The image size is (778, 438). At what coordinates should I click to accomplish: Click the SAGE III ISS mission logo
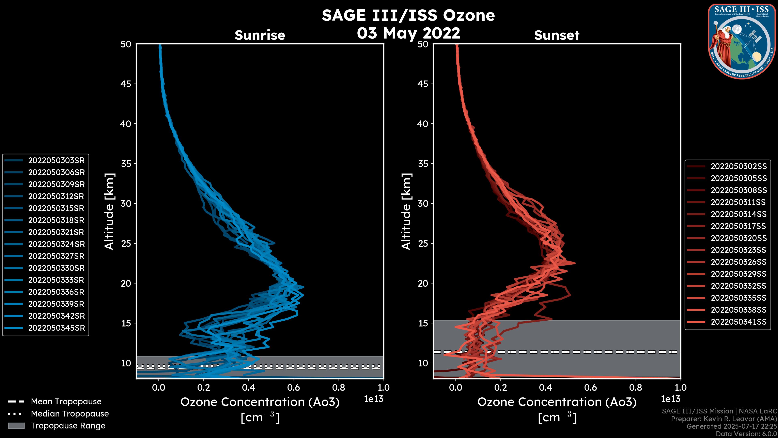[742, 41]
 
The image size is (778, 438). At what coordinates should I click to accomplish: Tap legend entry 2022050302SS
[738, 166]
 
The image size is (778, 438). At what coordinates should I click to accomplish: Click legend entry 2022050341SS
[738, 322]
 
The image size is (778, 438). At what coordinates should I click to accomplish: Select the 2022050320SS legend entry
[738, 238]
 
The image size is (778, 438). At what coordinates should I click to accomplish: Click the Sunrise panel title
[260, 35]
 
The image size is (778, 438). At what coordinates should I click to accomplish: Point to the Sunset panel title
[557, 35]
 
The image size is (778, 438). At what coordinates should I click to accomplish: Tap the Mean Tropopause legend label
[66, 402]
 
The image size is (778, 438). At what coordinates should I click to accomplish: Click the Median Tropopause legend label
[70, 414]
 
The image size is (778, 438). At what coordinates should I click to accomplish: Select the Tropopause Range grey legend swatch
[16, 426]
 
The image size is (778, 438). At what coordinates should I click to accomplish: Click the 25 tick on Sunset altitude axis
[423, 244]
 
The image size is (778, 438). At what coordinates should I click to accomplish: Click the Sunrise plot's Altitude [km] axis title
[109, 211]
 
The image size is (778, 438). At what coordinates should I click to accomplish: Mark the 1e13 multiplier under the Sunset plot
[670, 399]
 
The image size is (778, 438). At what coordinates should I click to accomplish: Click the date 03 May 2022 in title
[408, 33]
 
